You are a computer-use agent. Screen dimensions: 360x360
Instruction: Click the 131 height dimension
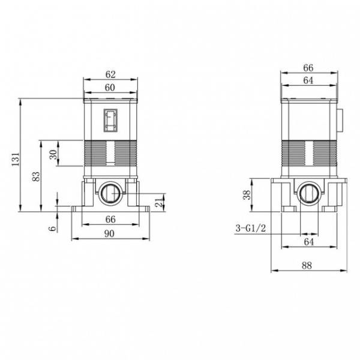(15, 159)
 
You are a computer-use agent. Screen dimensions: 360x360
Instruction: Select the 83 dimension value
(36, 176)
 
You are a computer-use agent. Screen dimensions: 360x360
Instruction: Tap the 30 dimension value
(53, 154)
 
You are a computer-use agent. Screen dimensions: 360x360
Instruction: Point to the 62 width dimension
(110, 74)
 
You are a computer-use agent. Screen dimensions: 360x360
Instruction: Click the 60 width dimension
(110, 88)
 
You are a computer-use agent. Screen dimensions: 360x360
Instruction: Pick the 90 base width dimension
(109, 234)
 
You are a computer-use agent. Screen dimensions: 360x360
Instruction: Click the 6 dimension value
(52, 229)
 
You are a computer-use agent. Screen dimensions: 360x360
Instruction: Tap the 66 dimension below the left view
(110, 219)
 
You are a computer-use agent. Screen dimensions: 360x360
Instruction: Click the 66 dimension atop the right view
(308, 68)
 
